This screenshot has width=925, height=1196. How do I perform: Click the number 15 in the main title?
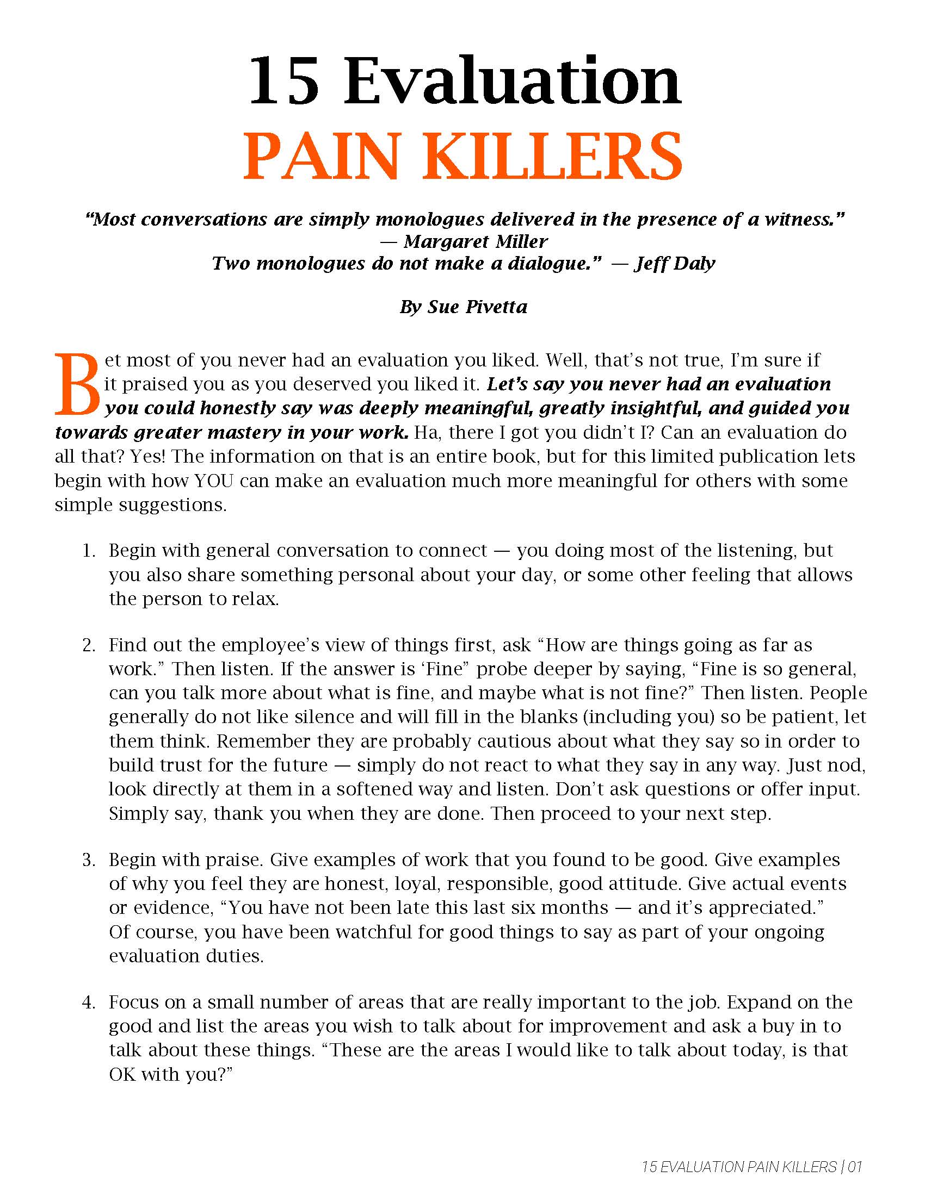pyautogui.click(x=284, y=82)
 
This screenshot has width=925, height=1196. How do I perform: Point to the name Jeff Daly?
pyautogui.click(x=675, y=264)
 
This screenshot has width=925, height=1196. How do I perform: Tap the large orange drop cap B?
pyautogui.click(x=77, y=384)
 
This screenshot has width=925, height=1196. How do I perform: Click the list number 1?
pyautogui.click(x=88, y=550)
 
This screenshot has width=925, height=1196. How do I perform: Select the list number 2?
pyautogui.click(x=88, y=645)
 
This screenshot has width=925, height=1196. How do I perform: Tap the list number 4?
pyautogui.click(x=88, y=1002)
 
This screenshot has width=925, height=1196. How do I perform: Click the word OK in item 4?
pyautogui.click(x=122, y=1074)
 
